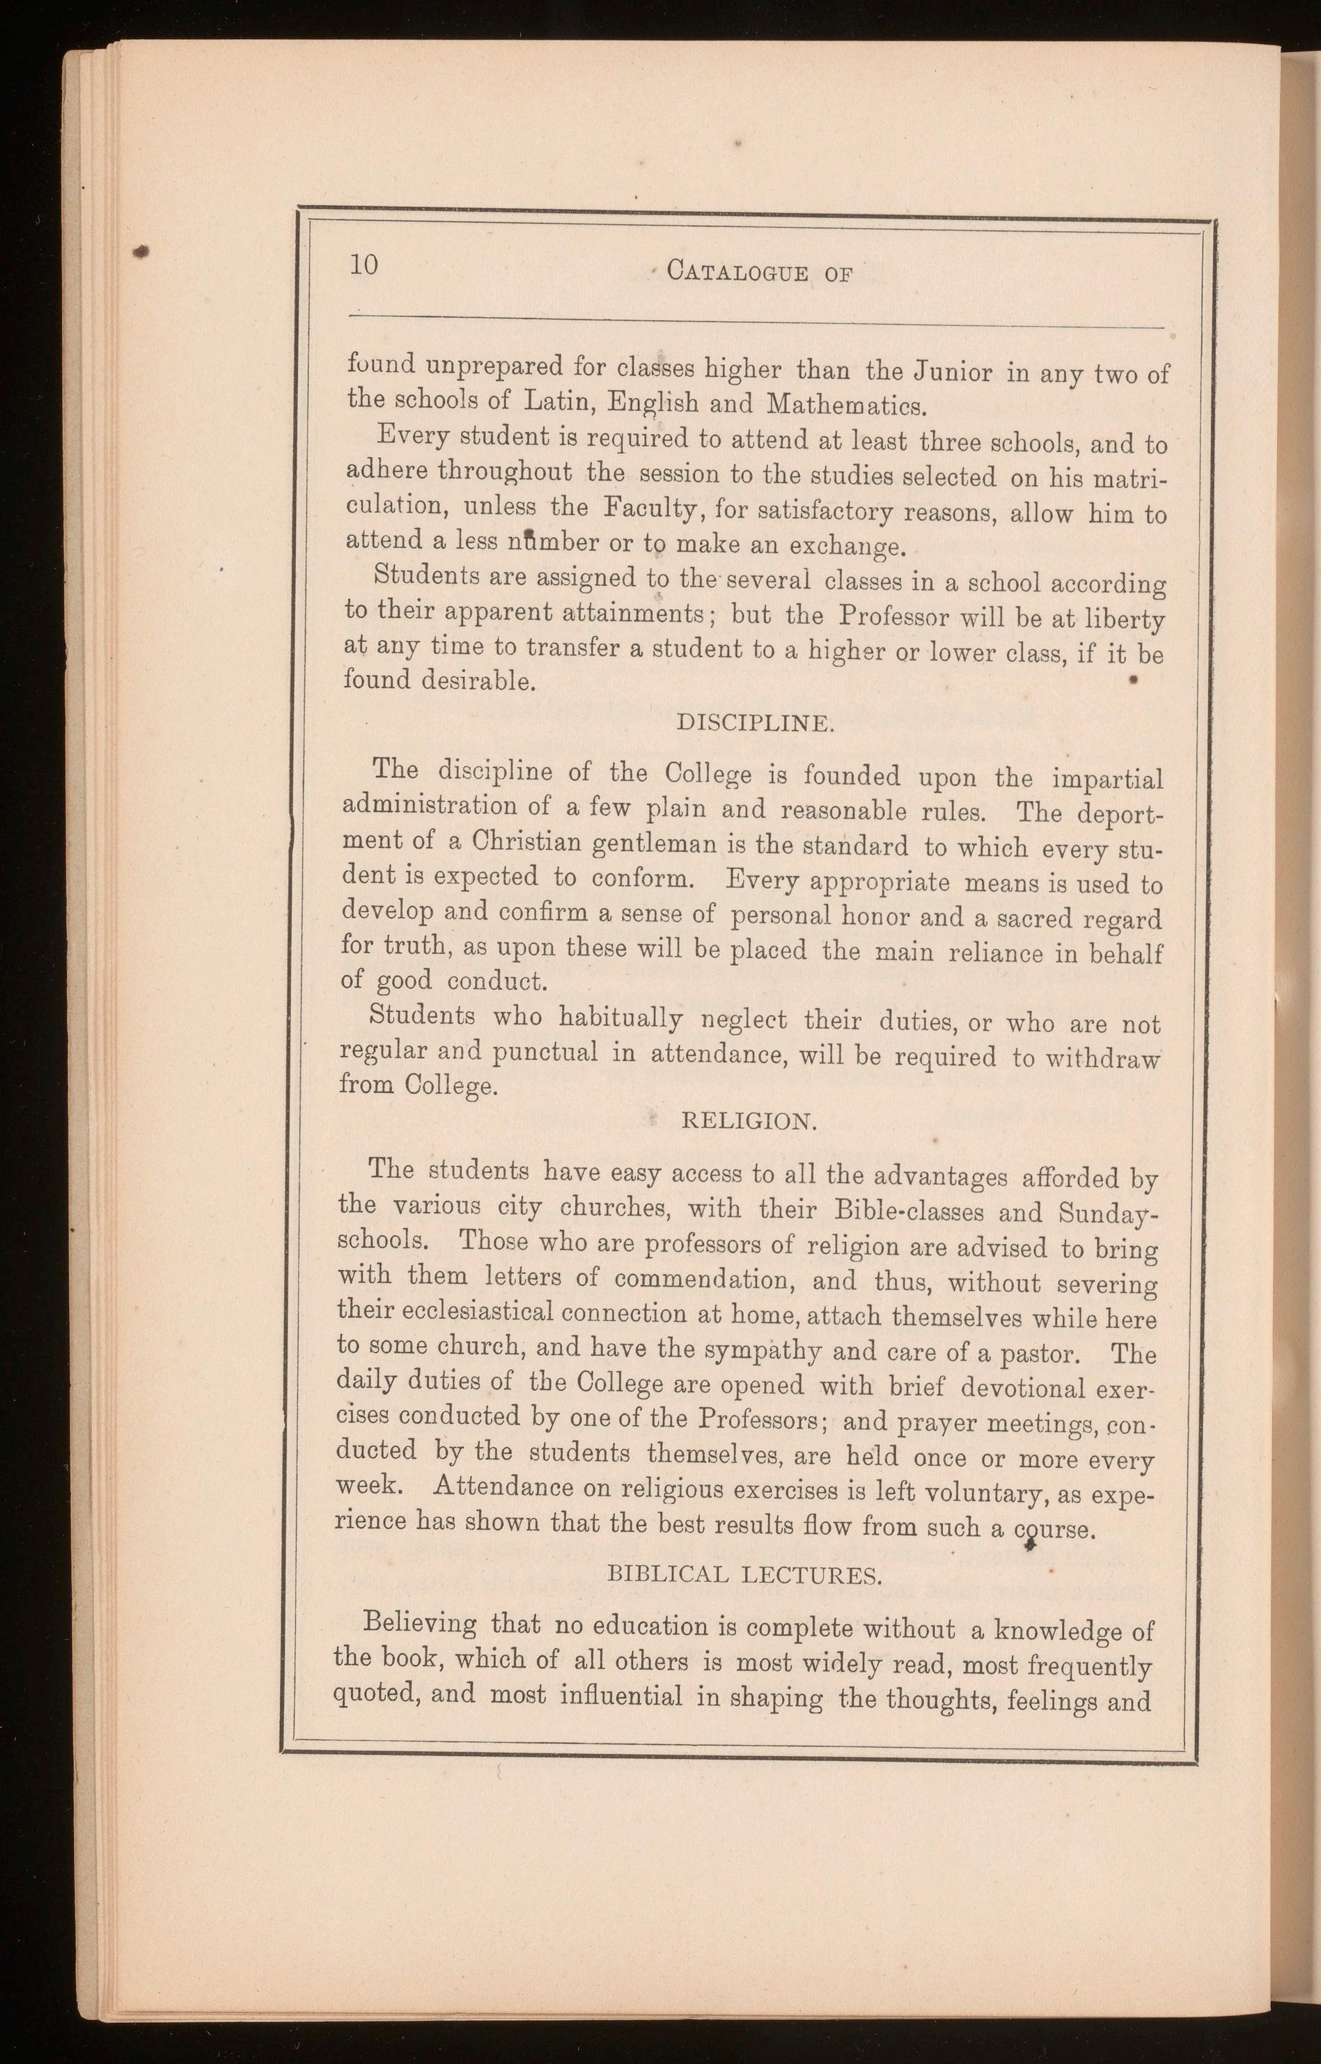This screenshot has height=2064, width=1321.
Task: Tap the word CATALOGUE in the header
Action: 737,274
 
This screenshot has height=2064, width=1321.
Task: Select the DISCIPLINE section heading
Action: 754,723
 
